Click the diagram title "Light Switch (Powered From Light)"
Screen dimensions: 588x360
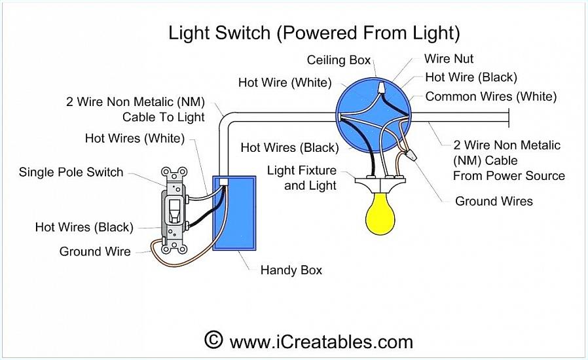point(314,33)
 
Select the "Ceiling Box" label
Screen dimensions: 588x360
point(339,60)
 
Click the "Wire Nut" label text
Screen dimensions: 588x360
point(449,58)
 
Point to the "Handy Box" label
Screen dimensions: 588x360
point(291,270)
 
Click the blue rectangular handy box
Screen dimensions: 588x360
point(234,213)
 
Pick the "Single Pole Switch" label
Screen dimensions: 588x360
point(71,172)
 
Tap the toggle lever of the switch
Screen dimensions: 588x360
point(174,210)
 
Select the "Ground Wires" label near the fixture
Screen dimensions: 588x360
point(494,201)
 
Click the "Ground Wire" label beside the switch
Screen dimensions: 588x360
point(95,251)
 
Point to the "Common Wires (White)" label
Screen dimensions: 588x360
point(491,96)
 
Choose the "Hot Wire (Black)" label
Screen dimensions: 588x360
point(471,77)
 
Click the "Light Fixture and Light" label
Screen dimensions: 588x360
point(301,178)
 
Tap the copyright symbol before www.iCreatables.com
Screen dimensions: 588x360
point(213,340)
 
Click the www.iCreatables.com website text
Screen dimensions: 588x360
point(322,342)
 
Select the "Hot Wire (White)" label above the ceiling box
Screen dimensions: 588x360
point(285,82)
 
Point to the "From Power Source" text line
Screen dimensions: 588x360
point(509,175)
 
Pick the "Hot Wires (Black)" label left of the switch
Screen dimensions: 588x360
point(84,227)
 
